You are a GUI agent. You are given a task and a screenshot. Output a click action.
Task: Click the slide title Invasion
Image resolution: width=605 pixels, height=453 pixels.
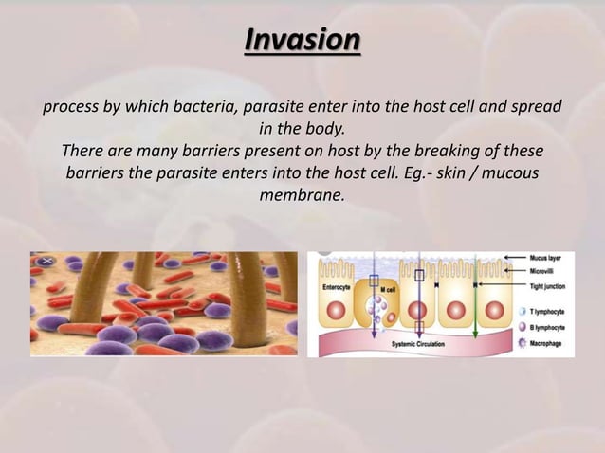point(302,42)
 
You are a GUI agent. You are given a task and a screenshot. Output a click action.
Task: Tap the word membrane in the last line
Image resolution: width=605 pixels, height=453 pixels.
point(302,197)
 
